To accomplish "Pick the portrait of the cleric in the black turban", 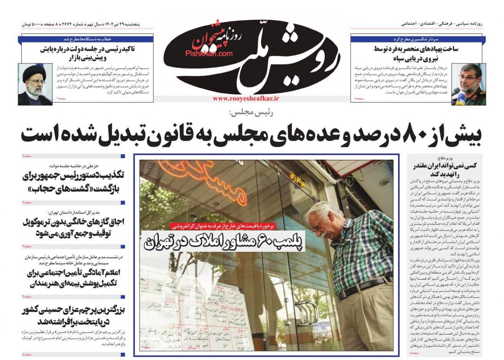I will tap(35, 84).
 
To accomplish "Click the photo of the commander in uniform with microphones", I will tap(468, 84).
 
